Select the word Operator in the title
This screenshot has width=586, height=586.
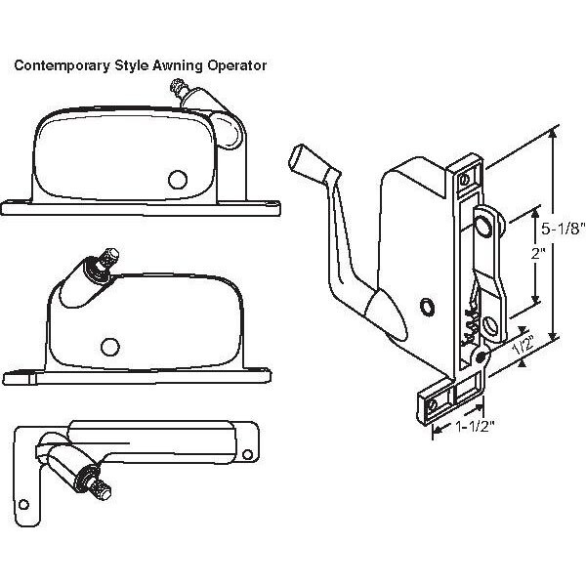[x=234, y=66]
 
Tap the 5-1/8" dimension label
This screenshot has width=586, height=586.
[x=564, y=230]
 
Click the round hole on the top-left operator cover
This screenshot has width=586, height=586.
[x=178, y=179]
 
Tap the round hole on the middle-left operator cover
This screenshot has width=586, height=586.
[x=110, y=346]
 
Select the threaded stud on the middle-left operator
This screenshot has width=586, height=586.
[x=107, y=261]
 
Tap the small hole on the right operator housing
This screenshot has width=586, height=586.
[x=426, y=308]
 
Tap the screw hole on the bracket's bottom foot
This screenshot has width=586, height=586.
[x=433, y=402]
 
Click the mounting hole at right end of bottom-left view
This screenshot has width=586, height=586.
[x=248, y=452]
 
